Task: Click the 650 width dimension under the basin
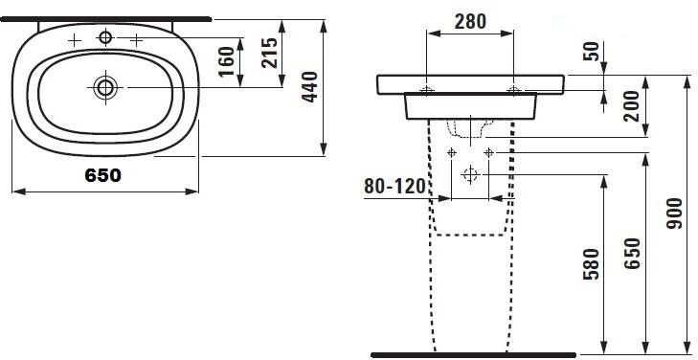click(x=102, y=175)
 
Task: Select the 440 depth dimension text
click(x=310, y=87)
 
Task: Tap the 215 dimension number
click(x=269, y=53)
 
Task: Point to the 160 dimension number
click(x=227, y=61)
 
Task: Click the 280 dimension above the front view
click(x=470, y=21)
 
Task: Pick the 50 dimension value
click(x=591, y=52)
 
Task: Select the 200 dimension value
click(x=632, y=106)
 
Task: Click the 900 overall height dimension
click(x=674, y=214)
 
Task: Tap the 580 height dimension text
click(x=592, y=264)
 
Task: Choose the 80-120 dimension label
click(x=395, y=187)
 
